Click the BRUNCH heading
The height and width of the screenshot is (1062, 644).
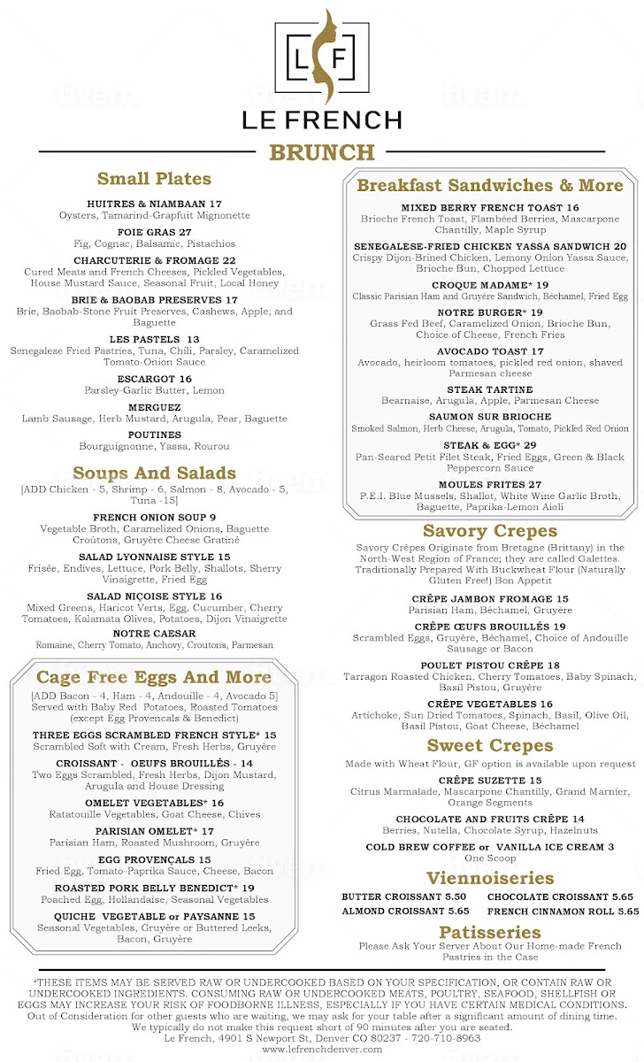[x=322, y=152]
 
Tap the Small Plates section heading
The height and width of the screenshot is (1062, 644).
[x=154, y=179]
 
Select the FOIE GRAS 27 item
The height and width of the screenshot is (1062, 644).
[x=154, y=232]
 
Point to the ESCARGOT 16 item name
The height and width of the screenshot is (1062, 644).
[x=154, y=379]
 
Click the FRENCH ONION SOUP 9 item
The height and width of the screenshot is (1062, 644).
[x=154, y=517]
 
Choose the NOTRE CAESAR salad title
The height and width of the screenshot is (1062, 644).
[x=154, y=634]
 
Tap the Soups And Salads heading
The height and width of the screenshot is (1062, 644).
[x=154, y=473]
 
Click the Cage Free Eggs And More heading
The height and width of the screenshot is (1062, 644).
[x=154, y=678]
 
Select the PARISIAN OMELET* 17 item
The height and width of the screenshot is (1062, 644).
[x=154, y=831]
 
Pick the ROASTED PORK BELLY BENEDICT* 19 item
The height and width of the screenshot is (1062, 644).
[x=154, y=888]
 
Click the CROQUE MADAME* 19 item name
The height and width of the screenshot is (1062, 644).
[x=490, y=285]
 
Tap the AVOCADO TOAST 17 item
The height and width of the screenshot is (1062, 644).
[x=490, y=351]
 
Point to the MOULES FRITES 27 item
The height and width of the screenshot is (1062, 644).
[x=490, y=485]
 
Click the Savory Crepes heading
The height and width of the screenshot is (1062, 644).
[x=490, y=531]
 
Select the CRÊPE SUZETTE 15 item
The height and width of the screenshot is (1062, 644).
[x=490, y=781]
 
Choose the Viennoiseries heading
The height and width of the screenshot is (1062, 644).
[x=490, y=879]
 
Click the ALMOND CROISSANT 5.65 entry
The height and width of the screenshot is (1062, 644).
[x=405, y=911]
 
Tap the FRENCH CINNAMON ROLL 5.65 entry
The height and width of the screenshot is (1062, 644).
[x=563, y=911]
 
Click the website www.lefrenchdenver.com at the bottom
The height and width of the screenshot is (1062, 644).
[x=322, y=1049]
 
